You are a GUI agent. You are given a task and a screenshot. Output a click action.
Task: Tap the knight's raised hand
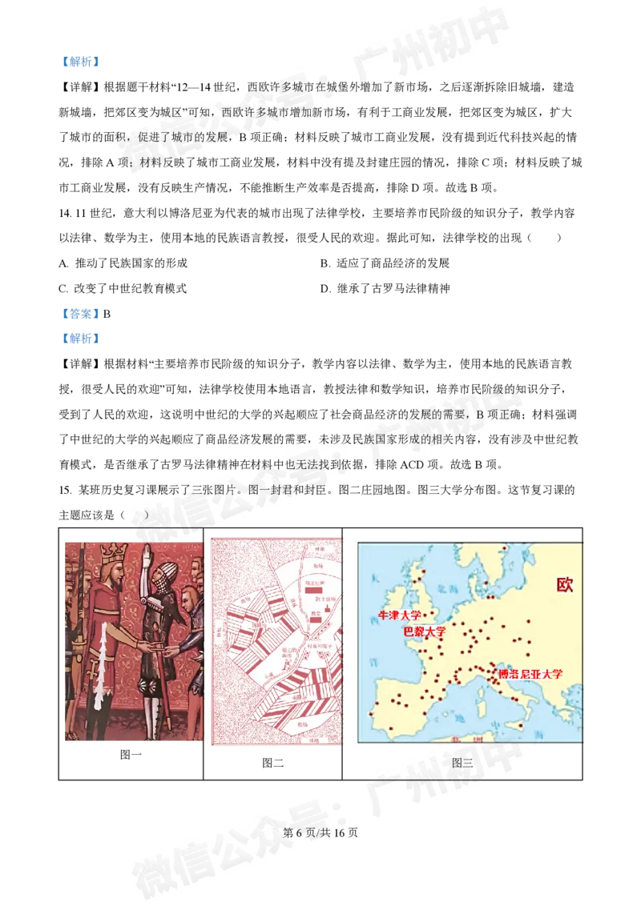pos(152,552)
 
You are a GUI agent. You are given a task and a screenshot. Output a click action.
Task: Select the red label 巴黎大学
pos(425,631)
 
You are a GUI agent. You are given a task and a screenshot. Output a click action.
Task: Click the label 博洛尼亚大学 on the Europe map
pos(530,674)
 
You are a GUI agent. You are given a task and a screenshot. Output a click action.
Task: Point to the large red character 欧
pos(566,584)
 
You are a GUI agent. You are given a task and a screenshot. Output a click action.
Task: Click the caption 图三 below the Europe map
pos(462,763)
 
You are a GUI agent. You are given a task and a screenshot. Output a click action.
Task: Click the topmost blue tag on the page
pos(80,62)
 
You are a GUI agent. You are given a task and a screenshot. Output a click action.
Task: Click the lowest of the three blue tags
pos(80,339)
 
